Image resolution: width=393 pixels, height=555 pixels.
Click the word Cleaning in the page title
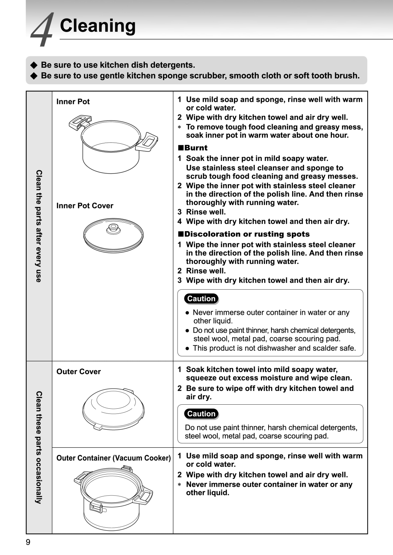[x=98, y=26]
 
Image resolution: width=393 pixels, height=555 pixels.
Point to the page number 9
[x=28, y=543]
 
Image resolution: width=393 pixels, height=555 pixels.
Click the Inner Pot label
[x=73, y=102]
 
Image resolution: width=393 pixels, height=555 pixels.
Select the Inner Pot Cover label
[x=85, y=206]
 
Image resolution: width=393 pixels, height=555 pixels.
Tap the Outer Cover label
[x=79, y=372]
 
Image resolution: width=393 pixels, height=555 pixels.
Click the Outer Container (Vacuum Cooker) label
[x=114, y=458]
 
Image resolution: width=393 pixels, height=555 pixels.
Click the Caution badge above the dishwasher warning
[x=201, y=299]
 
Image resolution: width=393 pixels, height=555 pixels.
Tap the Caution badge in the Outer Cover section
[x=201, y=414]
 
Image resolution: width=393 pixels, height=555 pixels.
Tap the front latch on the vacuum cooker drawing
[x=96, y=508]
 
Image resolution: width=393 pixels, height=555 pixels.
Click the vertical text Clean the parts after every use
[x=39, y=226]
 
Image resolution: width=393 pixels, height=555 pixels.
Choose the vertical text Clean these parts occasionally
[x=39, y=447]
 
